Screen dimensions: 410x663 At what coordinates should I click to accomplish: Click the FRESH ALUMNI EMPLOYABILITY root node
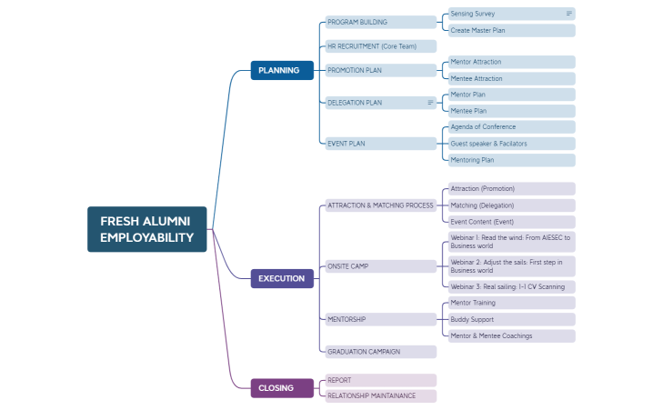pos(147,229)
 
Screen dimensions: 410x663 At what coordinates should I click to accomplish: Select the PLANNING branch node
pos(281,70)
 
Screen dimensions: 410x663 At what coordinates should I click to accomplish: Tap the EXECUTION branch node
pos(281,278)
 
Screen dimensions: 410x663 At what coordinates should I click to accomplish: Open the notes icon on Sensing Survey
pos(569,14)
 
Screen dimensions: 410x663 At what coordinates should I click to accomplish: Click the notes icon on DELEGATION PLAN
pos(430,103)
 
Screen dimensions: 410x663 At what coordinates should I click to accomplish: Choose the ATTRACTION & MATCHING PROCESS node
pos(380,205)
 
